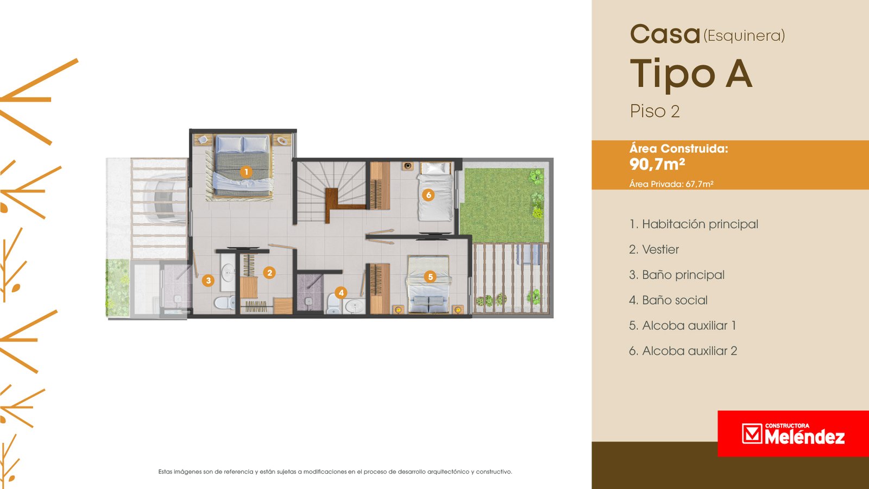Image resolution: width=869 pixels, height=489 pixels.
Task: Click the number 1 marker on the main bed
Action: [x=246, y=172]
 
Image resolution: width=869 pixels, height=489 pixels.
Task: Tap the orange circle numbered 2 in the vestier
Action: [x=269, y=273]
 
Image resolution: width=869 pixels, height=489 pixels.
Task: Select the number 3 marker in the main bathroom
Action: [x=209, y=280]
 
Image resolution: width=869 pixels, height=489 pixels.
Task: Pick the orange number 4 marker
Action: [x=341, y=293]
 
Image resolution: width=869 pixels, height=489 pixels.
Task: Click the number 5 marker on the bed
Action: [x=430, y=277]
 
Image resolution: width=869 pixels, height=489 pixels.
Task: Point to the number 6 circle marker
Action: [x=429, y=195]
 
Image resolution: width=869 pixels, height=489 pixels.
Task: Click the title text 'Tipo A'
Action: [x=691, y=74]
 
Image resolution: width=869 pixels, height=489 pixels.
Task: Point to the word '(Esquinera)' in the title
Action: [x=745, y=36]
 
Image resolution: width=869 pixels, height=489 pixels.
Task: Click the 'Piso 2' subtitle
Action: [x=655, y=111]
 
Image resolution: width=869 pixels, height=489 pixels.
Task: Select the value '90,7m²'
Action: [x=657, y=164]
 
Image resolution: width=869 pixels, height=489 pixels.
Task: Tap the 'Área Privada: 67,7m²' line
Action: [x=671, y=184]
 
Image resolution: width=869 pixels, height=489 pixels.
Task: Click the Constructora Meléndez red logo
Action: [x=794, y=434]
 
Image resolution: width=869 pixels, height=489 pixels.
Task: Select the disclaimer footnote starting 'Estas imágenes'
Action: [x=335, y=472]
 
